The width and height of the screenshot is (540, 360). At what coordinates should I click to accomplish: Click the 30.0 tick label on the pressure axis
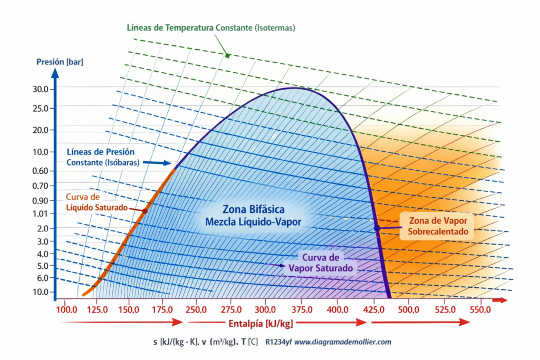pyautogui.click(x=41, y=90)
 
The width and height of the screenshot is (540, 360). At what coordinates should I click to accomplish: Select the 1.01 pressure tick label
pyautogui.click(x=41, y=213)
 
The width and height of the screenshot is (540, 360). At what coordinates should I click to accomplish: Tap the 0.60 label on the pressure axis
pyautogui.click(x=41, y=171)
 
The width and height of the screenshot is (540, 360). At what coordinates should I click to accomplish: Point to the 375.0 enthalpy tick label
pyautogui.click(x=302, y=310)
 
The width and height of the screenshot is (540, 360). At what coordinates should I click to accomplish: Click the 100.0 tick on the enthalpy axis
pyautogui.click(x=66, y=310)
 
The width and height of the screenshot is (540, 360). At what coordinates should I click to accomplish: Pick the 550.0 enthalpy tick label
pyautogui.click(x=480, y=310)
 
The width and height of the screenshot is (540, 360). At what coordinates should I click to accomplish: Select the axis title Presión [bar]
pyautogui.click(x=60, y=62)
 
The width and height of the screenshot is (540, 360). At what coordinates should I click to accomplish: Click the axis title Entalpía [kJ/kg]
pyautogui.click(x=261, y=324)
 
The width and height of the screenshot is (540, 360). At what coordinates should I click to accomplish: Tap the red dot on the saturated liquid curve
pyautogui.click(x=145, y=211)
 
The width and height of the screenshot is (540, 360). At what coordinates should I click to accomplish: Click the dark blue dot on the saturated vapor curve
pyautogui.click(x=377, y=228)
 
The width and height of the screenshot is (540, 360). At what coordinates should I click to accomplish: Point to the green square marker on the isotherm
pyautogui.click(x=227, y=55)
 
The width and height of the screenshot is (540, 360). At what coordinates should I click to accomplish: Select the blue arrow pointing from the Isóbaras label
pyautogui.click(x=157, y=163)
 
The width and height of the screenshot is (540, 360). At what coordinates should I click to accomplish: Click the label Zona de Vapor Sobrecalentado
pyautogui.click(x=438, y=226)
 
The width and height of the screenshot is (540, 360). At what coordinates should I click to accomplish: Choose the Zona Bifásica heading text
pyautogui.click(x=254, y=209)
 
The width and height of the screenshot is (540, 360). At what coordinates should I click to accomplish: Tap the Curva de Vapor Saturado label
pyautogui.click(x=321, y=262)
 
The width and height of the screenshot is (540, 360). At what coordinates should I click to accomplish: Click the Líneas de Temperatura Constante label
pyautogui.click(x=211, y=28)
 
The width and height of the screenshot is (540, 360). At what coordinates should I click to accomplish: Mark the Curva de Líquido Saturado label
pyautogui.click(x=97, y=202)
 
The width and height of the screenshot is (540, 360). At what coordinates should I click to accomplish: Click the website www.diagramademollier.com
pyautogui.click(x=343, y=342)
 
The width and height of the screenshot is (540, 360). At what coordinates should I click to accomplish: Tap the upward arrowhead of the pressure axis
pyautogui.click(x=55, y=73)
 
